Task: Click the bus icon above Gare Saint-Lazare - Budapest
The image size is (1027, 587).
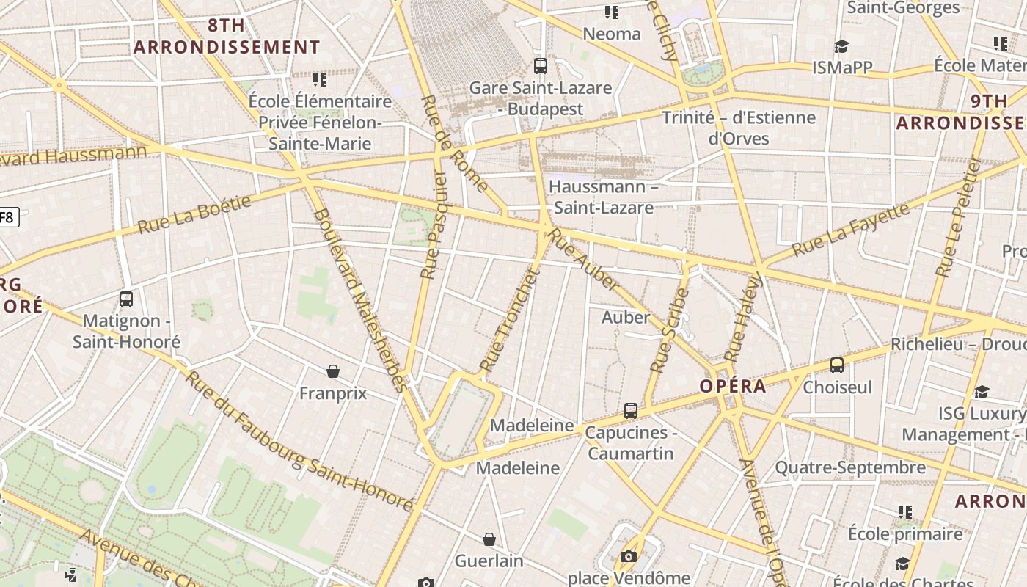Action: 541,66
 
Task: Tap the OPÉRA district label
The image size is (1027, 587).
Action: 732,386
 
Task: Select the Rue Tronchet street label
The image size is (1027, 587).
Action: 509,321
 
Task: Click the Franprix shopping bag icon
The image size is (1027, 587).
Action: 333,371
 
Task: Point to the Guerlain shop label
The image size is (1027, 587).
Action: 489,561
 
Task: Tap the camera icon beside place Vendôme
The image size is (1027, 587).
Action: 628,557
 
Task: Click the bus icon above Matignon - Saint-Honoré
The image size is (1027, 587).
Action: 126,299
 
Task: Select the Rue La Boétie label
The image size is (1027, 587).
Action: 194,214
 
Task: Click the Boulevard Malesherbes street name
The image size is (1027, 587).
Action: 359,301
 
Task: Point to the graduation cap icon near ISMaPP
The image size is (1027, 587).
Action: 841,46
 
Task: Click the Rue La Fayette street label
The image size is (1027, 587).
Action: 851,230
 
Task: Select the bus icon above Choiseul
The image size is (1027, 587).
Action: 837,365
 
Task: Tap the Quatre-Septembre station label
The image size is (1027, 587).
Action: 850,467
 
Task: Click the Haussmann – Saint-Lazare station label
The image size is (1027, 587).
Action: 603,197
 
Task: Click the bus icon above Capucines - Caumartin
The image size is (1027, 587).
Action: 630,411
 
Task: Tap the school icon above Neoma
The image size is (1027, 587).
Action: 612,12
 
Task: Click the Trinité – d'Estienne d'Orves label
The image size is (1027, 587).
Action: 738,128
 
